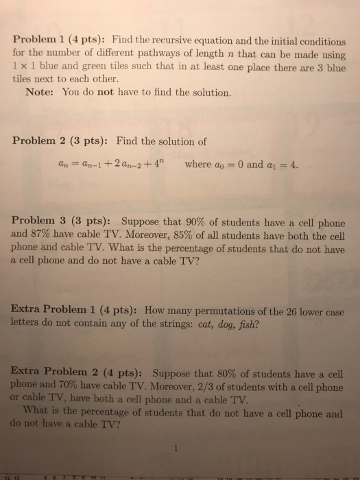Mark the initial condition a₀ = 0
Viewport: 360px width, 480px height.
tap(241, 165)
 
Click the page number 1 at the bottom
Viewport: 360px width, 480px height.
tap(177, 451)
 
